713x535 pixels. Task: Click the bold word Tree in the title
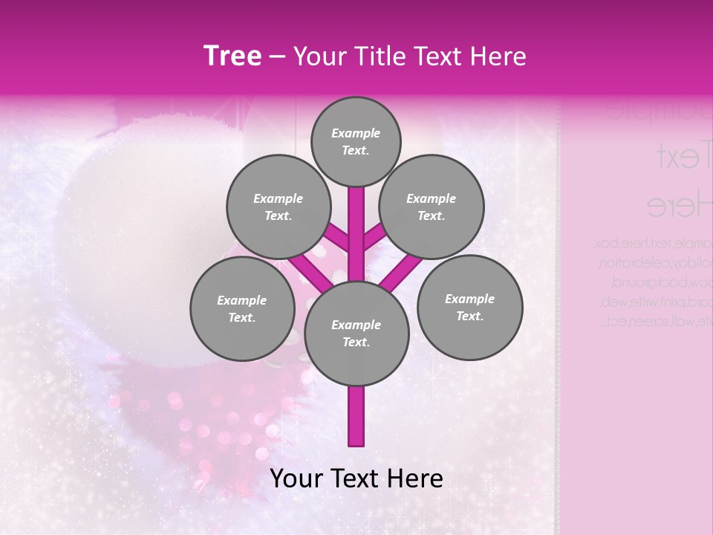(x=232, y=56)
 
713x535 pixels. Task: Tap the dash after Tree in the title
(x=277, y=57)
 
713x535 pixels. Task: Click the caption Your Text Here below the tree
(x=356, y=479)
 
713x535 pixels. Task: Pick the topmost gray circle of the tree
(x=356, y=142)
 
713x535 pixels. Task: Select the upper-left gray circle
(x=278, y=207)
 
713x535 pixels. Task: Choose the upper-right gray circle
(x=432, y=207)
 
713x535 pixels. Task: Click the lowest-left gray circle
(x=242, y=309)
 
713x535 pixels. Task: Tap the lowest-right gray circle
(x=469, y=308)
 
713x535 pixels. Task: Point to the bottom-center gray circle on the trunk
(x=356, y=334)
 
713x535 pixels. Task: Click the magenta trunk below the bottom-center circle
(x=356, y=416)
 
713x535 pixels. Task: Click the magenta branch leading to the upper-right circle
(x=375, y=237)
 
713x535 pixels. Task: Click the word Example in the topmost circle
(x=356, y=134)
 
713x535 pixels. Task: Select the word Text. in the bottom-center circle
(x=356, y=343)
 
